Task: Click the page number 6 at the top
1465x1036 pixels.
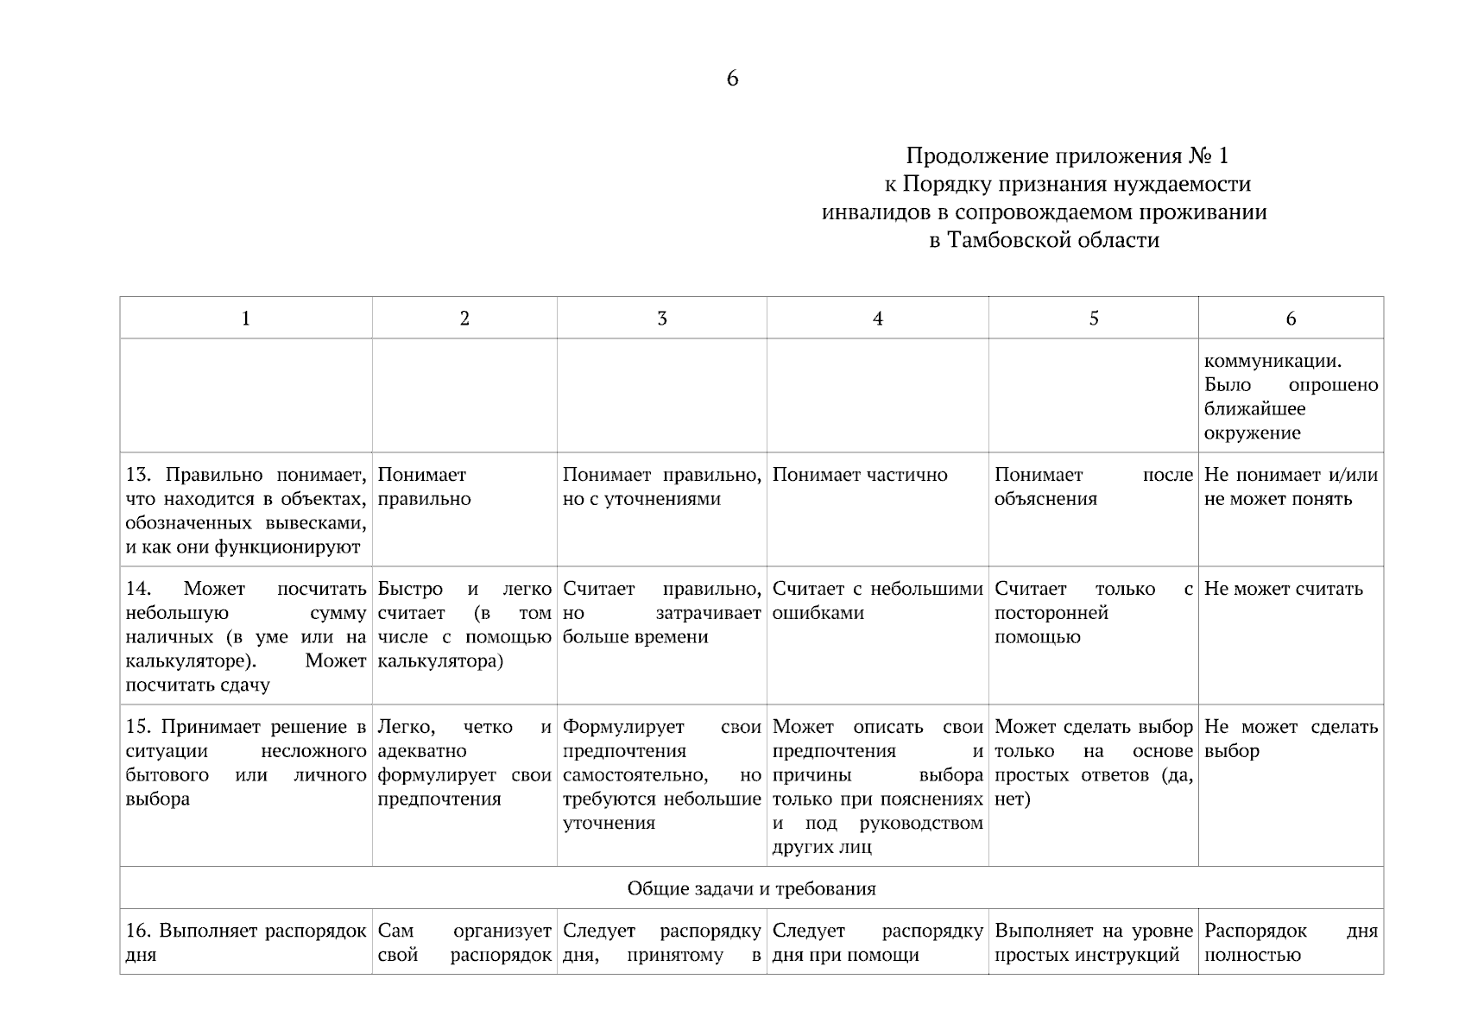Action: pos(732,79)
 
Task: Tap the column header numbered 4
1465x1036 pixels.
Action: pos(877,319)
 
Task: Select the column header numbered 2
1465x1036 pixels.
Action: pos(464,319)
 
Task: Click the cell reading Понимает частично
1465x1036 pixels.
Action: pos(860,475)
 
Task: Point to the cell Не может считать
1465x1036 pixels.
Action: pos(1283,589)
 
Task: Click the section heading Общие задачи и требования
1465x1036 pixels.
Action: pos(751,888)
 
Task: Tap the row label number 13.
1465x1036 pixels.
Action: pos(139,475)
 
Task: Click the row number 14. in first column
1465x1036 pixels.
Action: pos(139,589)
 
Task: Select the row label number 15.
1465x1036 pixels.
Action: pos(139,727)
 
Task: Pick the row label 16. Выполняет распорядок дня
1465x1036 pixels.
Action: pos(245,943)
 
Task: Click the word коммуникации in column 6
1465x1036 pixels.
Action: pos(1272,361)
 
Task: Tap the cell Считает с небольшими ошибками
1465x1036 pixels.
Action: pos(877,601)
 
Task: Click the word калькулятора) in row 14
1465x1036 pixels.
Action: pos(439,661)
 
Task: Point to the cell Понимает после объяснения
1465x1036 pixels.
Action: pos(1093,487)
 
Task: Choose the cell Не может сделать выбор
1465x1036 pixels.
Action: pos(1290,739)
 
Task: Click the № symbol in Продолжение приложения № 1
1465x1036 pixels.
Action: pos(1200,156)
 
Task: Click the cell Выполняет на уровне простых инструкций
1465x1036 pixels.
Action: pos(1093,943)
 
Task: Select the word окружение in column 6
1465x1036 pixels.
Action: pos(1252,433)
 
